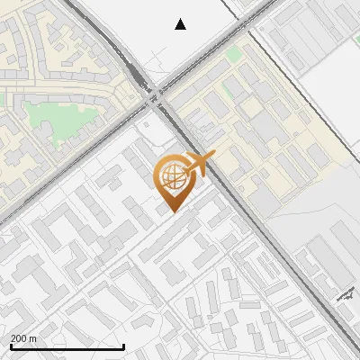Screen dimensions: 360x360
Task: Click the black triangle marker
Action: point(180,24)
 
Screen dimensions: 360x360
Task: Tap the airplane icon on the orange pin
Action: point(200,165)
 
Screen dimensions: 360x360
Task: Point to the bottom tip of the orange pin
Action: point(171,212)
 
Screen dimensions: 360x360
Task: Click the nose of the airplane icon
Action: point(212,157)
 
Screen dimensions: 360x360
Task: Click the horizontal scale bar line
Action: point(67,346)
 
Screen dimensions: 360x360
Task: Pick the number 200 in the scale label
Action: point(19,338)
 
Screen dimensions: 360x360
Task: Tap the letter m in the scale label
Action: point(33,338)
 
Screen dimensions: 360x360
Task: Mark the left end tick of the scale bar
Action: point(11,345)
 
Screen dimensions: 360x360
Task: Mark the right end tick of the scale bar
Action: point(122,345)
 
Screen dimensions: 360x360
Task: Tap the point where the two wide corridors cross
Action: point(157,94)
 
